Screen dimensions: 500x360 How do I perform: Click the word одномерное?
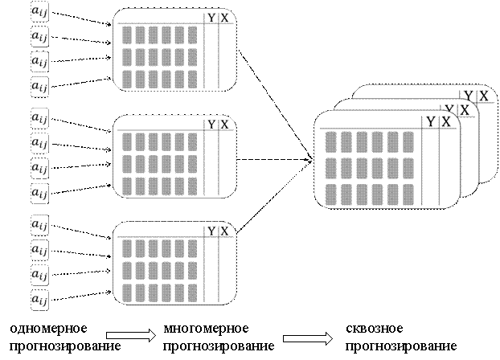coord(48,329)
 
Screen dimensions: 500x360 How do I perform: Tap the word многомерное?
coord(206,329)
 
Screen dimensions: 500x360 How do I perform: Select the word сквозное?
coord(375,329)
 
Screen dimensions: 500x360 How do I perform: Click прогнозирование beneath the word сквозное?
coord(401,346)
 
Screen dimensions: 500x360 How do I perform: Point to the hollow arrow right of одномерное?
coord(131,335)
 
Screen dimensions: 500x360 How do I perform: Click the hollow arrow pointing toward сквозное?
coord(308,338)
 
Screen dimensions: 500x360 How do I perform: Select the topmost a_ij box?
coord(39,12)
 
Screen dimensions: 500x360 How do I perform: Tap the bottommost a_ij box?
coord(39,300)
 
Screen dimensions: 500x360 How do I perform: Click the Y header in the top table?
coord(211,18)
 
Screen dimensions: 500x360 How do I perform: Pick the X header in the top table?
coord(225,18)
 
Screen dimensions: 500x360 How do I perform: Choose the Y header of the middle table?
coord(211,125)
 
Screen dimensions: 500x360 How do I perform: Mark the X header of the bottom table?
coord(225,231)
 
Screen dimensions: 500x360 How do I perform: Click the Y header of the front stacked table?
coord(431,122)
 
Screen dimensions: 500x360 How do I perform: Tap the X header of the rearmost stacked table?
coord(484,96)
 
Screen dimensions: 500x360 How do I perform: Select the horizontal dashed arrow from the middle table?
coord(275,159)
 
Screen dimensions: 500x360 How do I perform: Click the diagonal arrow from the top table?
coord(275,105)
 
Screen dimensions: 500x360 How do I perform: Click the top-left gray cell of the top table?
coord(127,35)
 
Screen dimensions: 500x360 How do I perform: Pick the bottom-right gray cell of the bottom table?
coord(193,293)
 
